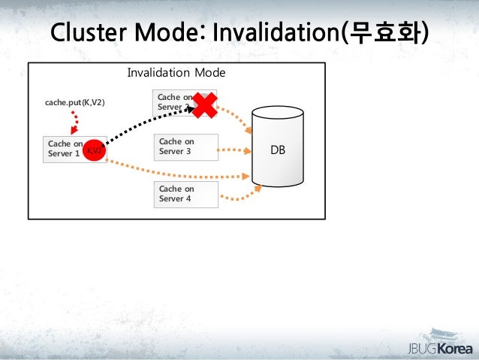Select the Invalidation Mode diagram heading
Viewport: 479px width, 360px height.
[x=176, y=74]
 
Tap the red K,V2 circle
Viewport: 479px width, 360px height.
[x=95, y=150]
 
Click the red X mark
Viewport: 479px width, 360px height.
[x=203, y=105]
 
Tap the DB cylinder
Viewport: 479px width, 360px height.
[x=278, y=148]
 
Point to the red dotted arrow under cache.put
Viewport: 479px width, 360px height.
[x=74, y=123]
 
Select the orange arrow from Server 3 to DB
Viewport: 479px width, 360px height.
[x=235, y=150]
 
